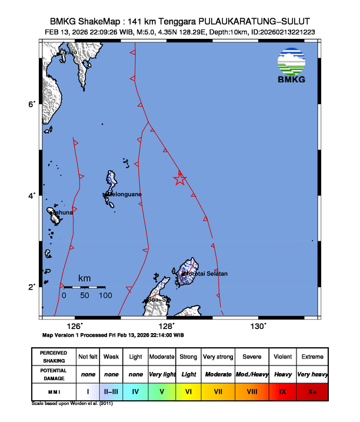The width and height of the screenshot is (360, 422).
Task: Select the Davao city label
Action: coord(68,53)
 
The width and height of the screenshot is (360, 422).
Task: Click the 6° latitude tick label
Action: coord(33,104)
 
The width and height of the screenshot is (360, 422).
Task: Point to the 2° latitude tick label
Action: coord(33,287)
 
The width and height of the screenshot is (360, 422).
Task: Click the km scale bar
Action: coord(84,287)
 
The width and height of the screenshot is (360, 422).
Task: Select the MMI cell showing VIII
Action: coord(251,391)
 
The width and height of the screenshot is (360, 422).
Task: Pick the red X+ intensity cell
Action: coord(312,391)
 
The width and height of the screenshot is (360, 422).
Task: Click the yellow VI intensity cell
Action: coord(189,391)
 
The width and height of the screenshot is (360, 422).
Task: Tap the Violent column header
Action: coord(282,357)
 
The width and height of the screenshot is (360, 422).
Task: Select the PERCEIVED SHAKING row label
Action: coord(54,357)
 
